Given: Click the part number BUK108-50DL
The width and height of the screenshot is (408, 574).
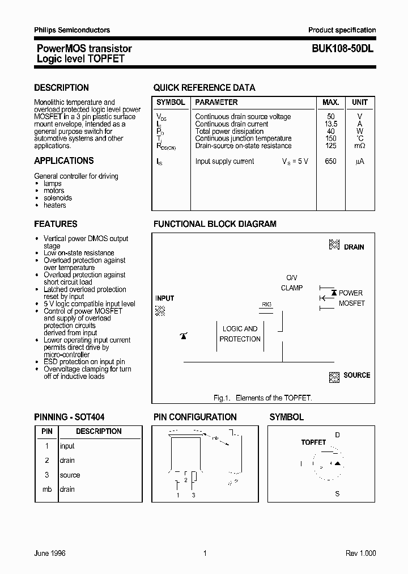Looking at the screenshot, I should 342,49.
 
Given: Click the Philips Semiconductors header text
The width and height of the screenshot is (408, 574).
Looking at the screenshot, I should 72,30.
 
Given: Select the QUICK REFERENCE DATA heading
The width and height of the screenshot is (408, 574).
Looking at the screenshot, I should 204,88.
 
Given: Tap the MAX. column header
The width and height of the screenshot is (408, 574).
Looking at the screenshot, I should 330,103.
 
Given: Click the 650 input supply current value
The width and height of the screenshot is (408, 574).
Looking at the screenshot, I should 330,162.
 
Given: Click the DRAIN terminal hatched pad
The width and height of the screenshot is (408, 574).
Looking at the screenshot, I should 334,245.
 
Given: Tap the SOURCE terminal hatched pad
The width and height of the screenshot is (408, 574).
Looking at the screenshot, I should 334,377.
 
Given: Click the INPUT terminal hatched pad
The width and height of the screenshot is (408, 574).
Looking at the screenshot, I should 160,310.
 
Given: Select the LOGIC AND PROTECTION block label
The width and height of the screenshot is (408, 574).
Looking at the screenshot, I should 240,334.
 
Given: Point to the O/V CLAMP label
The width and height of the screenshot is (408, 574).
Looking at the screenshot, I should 291,283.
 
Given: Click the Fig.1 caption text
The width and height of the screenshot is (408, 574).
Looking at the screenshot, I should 262,398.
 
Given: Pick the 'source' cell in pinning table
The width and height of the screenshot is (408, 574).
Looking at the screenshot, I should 70,475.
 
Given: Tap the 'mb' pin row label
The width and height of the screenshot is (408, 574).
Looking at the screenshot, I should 47,489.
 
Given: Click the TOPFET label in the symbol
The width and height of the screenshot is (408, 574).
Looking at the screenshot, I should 313,442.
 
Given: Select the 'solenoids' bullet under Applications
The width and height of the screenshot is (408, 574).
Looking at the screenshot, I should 58,198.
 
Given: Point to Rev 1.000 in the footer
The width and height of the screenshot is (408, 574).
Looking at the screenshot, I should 360,554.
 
